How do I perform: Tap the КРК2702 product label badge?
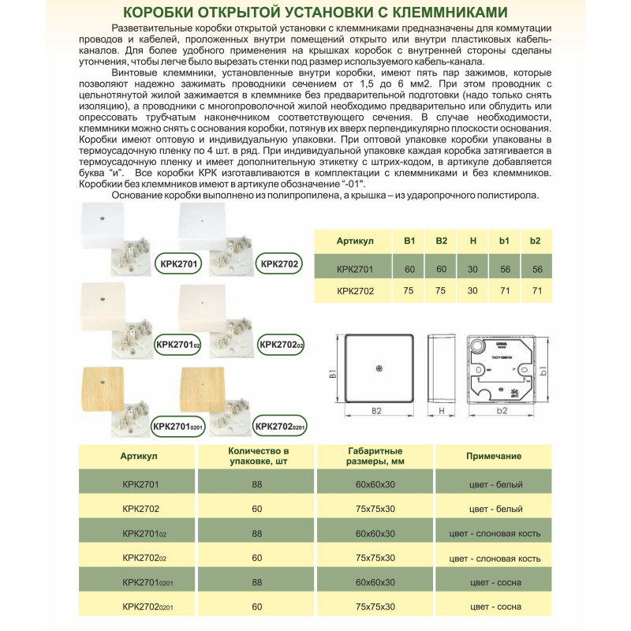coord(278,263)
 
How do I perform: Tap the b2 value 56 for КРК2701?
coord(537,269)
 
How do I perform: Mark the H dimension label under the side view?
coord(442,411)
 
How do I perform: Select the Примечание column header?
coord(494,456)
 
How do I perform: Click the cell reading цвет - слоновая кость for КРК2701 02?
coord(494,533)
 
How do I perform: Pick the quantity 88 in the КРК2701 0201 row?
coord(256,582)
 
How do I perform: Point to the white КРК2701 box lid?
coord(103,222)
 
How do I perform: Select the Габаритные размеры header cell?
coord(375,456)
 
